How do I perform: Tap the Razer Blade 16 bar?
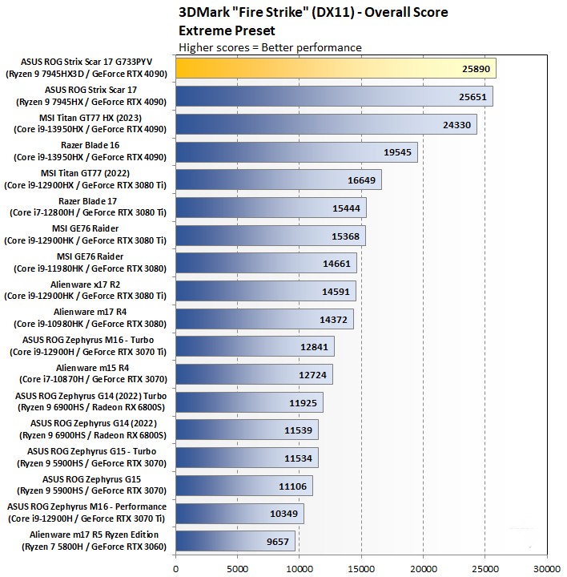pyautogui.click(x=296, y=151)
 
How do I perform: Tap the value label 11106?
pyautogui.click(x=293, y=486)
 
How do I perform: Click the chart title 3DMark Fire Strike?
pyautogui.click(x=313, y=12)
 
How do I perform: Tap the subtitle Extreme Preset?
pyautogui.click(x=227, y=30)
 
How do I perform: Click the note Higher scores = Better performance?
pyautogui.click(x=270, y=47)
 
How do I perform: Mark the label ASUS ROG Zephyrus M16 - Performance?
pyautogui.click(x=86, y=506)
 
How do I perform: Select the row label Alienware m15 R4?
pyautogui.click(x=88, y=368)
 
